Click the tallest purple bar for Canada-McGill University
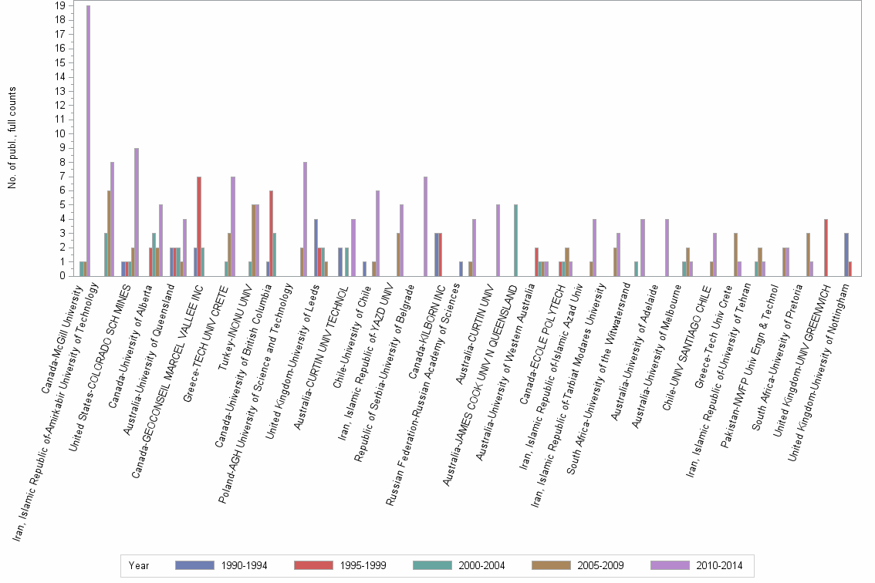coord(88,140)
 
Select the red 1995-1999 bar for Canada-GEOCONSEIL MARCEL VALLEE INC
coord(199,226)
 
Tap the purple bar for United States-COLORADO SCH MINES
coord(137,212)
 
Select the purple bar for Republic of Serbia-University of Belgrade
coord(425,226)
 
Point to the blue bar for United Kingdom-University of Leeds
coord(316,248)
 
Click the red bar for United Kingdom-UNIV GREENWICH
coord(826,248)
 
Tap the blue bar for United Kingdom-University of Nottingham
coord(846,254)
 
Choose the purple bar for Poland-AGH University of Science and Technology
coord(306,219)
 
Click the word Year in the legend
coord(139,566)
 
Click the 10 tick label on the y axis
coord(59,133)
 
